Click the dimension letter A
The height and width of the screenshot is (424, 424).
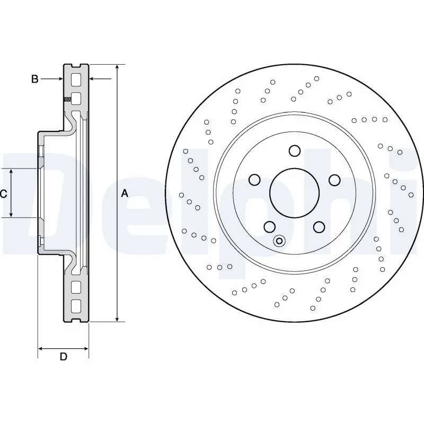[x=125, y=193]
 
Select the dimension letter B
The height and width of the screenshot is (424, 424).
[x=34, y=79]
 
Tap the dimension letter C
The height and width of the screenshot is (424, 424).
[x=3, y=194]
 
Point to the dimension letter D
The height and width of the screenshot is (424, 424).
[x=63, y=357]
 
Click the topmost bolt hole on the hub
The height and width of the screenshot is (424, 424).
[x=295, y=151]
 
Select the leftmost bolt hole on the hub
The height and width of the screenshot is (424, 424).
[x=254, y=180]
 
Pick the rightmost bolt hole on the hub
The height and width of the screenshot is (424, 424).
[x=334, y=180]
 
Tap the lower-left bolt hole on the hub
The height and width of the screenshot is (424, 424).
[x=270, y=226]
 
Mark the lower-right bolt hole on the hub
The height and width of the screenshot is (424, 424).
[x=319, y=227]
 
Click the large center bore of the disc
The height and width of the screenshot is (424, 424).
[x=294, y=193]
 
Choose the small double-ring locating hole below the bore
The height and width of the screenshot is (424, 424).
[x=279, y=241]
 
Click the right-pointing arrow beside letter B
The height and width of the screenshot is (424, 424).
[x=59, y=79]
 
